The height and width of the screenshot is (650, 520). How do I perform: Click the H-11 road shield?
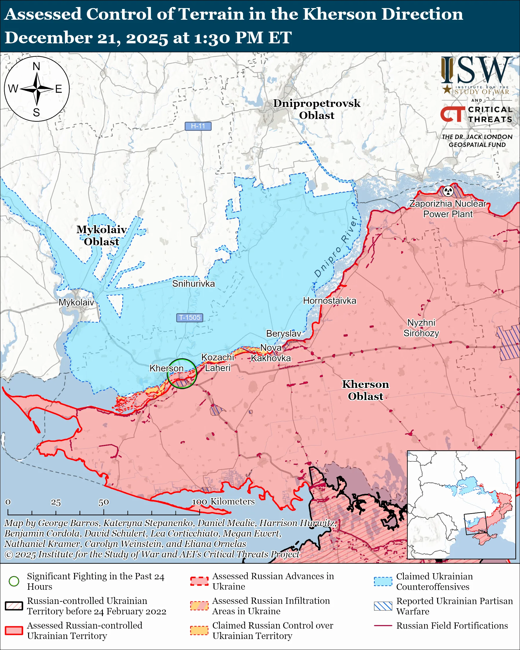(198, 126)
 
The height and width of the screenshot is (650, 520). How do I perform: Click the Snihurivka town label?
(194, 284)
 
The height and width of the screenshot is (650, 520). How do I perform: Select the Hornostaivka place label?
(329, 301)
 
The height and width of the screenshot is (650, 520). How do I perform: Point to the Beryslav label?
(283, 333)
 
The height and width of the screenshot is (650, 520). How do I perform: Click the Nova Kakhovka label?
(271, 353)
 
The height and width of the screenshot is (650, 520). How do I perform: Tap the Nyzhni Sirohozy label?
(421, 328)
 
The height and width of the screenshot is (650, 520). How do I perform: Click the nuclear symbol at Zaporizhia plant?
(448, 191)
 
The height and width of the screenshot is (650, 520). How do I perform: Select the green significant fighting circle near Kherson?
(182, 373)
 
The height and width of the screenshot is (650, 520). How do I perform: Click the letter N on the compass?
(37, 66)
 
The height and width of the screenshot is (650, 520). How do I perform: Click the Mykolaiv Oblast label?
(102, 235)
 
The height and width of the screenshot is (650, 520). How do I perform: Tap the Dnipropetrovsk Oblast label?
(317, 109)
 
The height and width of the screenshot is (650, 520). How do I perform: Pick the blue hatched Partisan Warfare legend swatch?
(383, 606)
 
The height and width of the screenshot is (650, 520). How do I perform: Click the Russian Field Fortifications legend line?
(383, 626)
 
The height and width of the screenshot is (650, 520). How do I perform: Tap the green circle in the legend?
(14, 581)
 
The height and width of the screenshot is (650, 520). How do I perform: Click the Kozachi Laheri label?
(218, 363)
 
